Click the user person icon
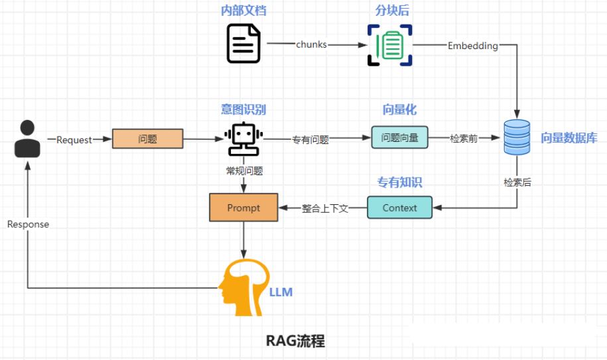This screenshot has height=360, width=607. [x=27, y=139]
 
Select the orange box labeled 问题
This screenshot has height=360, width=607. [x=147, y=139]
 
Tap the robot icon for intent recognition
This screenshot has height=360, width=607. [x=243, y=139]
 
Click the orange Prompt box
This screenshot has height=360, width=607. [x=243, y=208]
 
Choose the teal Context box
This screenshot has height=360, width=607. [x=399, y=208]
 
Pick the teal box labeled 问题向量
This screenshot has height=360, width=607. [x=399, y=138]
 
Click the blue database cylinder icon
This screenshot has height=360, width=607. [x=517, y=137]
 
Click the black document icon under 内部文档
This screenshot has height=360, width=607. [x=243, y=44]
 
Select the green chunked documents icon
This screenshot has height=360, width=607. [x=390, y=45]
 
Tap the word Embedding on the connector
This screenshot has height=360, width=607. [x=472, y=46]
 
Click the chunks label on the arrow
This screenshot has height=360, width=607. [x=311, y=45]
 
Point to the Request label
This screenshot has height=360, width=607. [x=74, y=140]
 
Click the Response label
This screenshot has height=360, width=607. [x=28, y=224]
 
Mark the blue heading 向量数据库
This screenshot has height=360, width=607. [x=569, y=138]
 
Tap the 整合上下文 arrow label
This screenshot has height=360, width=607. [x=325, y=208]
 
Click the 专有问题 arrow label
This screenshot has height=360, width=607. [x=310, y=140]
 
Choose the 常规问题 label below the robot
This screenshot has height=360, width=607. [x=244, y=170]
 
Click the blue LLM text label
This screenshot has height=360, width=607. [x=281, y=292]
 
